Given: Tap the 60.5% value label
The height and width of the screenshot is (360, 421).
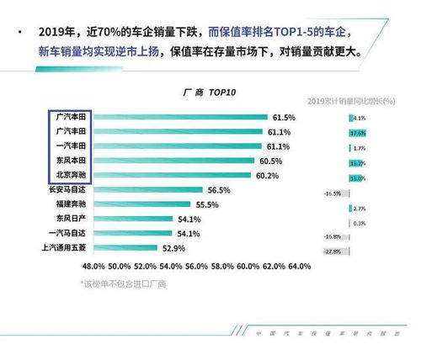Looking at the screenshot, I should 270,161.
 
